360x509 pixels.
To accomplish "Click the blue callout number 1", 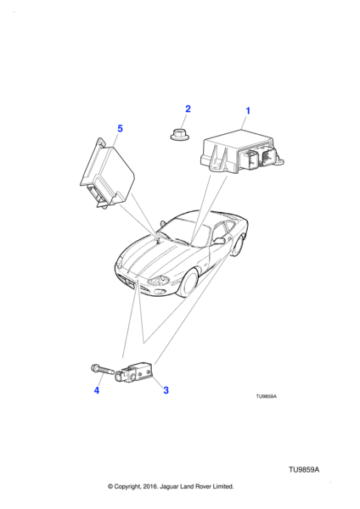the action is (248, 111).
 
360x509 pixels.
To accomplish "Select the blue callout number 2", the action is (188, 109).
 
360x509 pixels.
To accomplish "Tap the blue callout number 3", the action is (166, 390).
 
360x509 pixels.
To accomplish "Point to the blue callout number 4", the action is (97, 390).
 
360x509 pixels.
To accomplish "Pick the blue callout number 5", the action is (120, 129).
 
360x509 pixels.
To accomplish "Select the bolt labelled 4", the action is (102, 369).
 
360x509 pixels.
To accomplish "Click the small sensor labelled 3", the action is (133, 373).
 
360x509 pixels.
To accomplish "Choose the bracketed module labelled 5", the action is (107, 173).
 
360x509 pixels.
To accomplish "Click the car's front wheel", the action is (188, 283).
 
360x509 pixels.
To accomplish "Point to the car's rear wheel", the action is (238, 246).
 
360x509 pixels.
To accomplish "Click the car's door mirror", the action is (219, 241).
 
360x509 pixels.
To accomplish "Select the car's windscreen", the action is (183, 232).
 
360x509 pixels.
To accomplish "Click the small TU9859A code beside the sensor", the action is (266, 396).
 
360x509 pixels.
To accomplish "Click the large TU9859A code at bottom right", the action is (304, 470).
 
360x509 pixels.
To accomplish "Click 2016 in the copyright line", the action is (149, 486).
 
